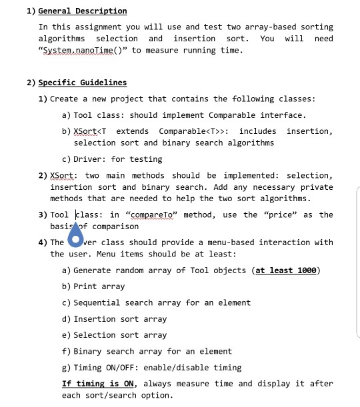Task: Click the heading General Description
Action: coord(83,11)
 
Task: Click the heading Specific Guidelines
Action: coord(83,83)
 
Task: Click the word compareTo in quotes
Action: coord(153,214)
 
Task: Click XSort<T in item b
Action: coord(92,131)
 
